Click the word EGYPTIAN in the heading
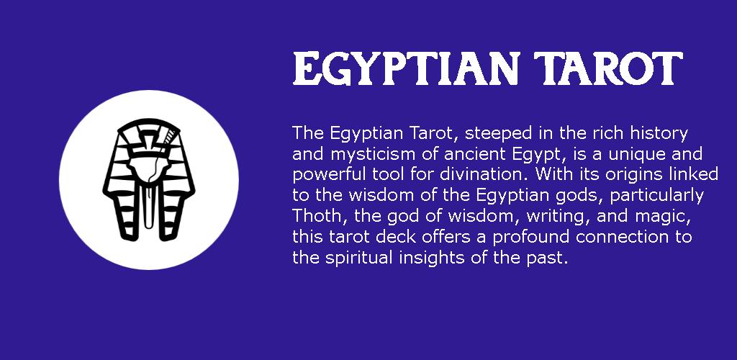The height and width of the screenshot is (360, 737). click(x=405, y=68)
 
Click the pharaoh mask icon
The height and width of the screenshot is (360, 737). click(x=149, y=179)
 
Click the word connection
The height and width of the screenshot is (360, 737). click(x=623, y=236)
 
